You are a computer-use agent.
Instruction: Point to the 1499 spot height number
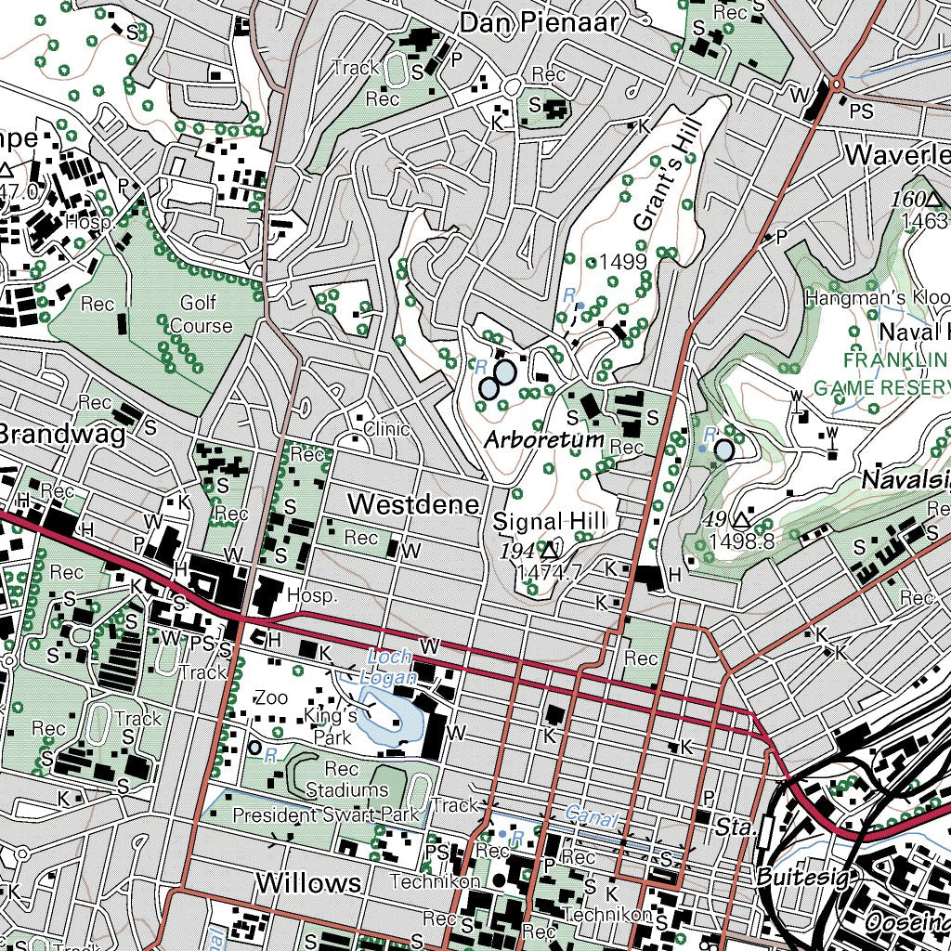622,263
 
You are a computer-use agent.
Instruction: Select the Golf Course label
201,315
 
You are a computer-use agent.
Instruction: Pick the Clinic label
385,429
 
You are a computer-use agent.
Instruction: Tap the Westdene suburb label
414,504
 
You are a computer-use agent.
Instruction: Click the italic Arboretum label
544,439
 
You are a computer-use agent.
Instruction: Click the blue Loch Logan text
389,668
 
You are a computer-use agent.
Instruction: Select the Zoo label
271,697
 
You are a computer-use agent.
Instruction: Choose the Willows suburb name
308,882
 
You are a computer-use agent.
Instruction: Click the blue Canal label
591,818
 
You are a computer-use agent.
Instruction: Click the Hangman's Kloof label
877,298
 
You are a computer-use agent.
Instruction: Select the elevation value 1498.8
740,541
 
